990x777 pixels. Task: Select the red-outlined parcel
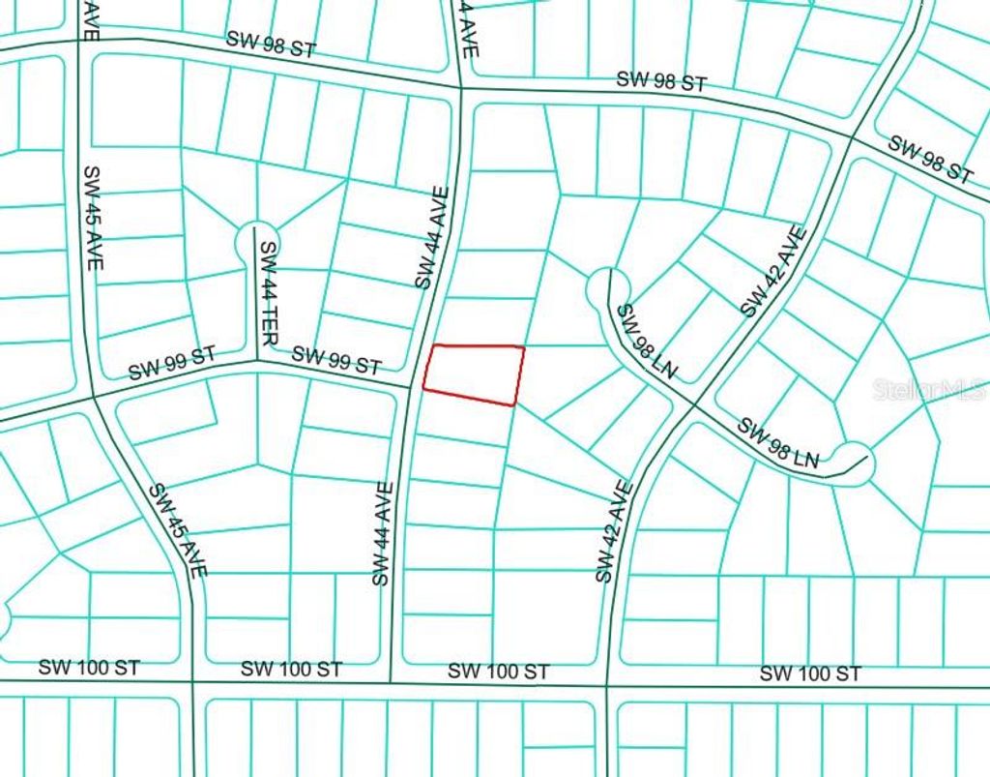tap(473, 373)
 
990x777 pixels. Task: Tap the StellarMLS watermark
tap(929, 390)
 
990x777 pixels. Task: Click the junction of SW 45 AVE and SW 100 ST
tap(193, 682)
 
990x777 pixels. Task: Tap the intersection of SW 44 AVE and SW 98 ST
tap(460, 87)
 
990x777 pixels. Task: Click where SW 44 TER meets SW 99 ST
tap(257, 362)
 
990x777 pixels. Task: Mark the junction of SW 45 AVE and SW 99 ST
tap(94, 397)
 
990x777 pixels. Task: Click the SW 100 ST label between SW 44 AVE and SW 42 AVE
tap(499, 671)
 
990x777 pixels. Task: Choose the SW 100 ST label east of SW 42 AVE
tap(809, 672)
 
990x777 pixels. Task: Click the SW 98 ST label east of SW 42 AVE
tap(930, 160)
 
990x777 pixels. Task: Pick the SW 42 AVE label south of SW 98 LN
tap(614, 532)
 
